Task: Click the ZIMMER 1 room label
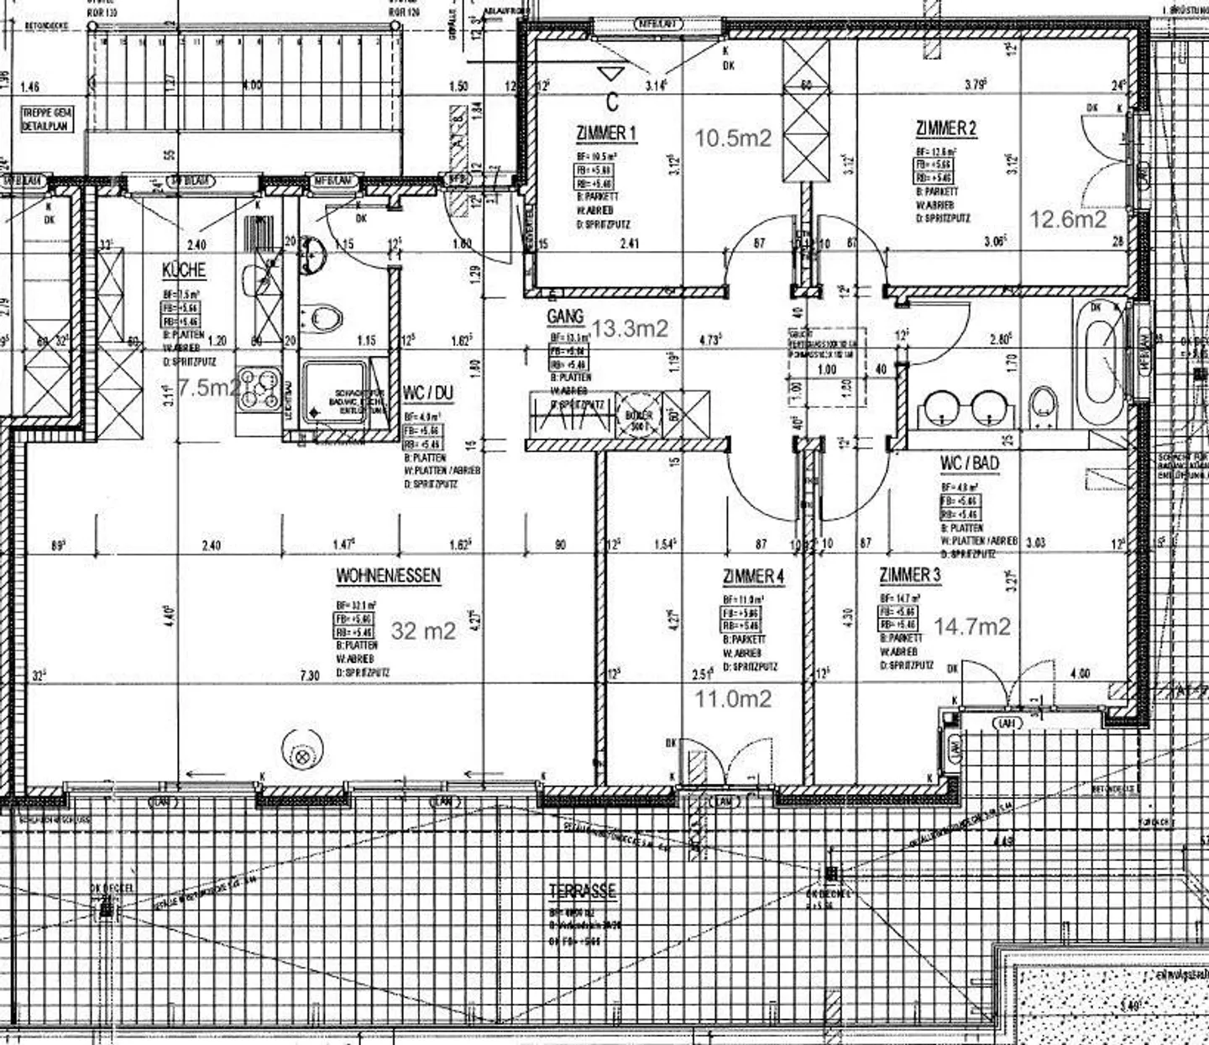pyautogui.click(x=606, y=133)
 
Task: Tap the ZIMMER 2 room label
pyautogui.click(x=945, y=128)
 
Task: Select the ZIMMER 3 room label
pyautogui.click(x=909, y=576)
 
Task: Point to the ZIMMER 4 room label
pyautogui.click(x=753, y=577)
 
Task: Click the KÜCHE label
pyautogui.click(x=184, y=271)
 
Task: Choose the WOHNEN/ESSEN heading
pyautogui.click(x=388, y=576)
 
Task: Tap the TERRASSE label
pyautogui.click(x=582, y=891)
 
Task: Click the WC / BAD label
pyautogui.click(x=970, y=463)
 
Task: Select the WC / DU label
pyautogui.click(x=428, y=393)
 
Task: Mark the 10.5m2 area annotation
pyautogui.click(x=732, y=138)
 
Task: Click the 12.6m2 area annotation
pyautogui.click(x=1068, y=219)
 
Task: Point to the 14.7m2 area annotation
pyautogui.click(x=971, y=626)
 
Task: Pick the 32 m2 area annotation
pyautogui.click(x=423, y=631)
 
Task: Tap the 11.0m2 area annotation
pyautogui.click(x=733, y=698)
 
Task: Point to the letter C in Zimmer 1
pyautogui.click(x=612, y=102)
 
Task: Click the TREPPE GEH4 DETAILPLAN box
pyautogui.click(x=47, y=118)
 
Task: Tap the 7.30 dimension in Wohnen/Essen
pyautogui.click(x=310, y=675)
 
